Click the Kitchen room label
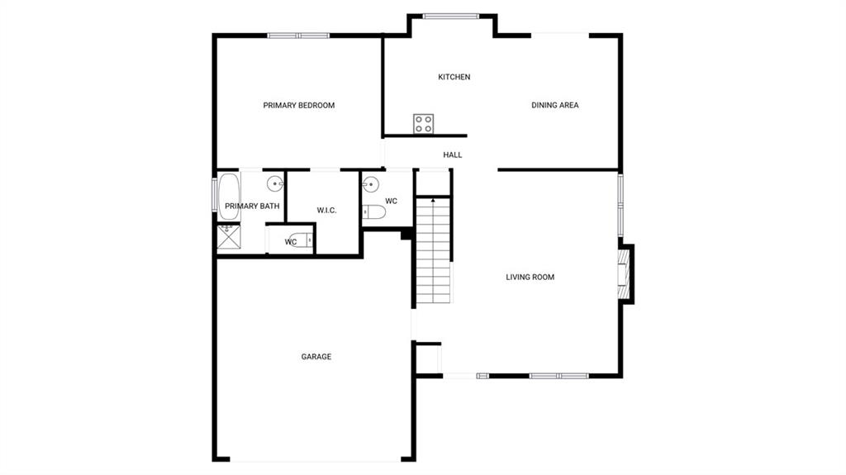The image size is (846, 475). coord(454,77)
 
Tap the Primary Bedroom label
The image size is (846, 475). coord(299,105)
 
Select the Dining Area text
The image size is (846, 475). coord(554,105)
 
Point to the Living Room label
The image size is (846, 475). coord(530,277)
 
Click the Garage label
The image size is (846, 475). coord(316,356)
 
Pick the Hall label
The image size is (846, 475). coord(452,155)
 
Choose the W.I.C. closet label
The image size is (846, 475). coord(326,211)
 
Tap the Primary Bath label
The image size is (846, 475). coord(252,206)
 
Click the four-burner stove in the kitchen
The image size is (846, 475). coord(424,124)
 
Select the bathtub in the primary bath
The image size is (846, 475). coord(229,197)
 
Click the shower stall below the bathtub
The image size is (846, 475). coord(229,237)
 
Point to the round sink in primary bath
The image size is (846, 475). coord(275,184)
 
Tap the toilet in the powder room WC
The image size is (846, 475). coord(374,212)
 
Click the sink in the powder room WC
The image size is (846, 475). coord(371,184)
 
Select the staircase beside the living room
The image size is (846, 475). coord(433,250)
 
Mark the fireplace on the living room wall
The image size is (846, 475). coord(625,273)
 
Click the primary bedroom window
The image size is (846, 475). coord(298,36)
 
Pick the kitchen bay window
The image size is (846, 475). coord(450,17)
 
